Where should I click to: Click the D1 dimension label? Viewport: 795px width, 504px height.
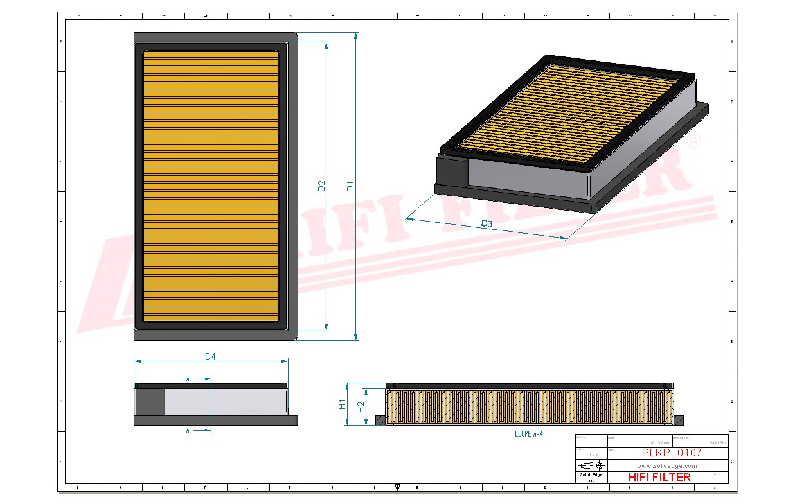351,187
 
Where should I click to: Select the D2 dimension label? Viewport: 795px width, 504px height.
322,186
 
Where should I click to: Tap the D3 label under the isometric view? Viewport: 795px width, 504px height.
487,223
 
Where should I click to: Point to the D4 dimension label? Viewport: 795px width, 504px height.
210,356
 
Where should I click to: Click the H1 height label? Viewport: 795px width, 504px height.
342,404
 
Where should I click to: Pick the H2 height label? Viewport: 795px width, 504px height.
361,406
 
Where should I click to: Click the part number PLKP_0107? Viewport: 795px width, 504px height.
671,453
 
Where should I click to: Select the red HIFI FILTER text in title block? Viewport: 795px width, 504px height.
659,477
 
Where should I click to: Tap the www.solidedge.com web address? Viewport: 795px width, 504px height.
666,465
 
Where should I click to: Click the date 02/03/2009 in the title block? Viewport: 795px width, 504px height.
659,443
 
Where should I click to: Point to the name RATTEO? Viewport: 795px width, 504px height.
717,443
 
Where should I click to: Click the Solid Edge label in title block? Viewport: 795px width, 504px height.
591,474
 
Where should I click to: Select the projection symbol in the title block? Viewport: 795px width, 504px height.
591,465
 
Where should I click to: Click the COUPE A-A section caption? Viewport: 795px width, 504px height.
529,435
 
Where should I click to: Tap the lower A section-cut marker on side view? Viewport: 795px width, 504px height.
188,430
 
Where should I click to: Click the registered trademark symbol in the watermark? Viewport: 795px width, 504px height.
693,143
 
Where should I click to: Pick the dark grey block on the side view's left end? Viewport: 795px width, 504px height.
150,402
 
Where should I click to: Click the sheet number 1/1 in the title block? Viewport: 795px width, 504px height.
591,453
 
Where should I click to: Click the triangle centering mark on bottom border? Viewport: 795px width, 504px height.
398,487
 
